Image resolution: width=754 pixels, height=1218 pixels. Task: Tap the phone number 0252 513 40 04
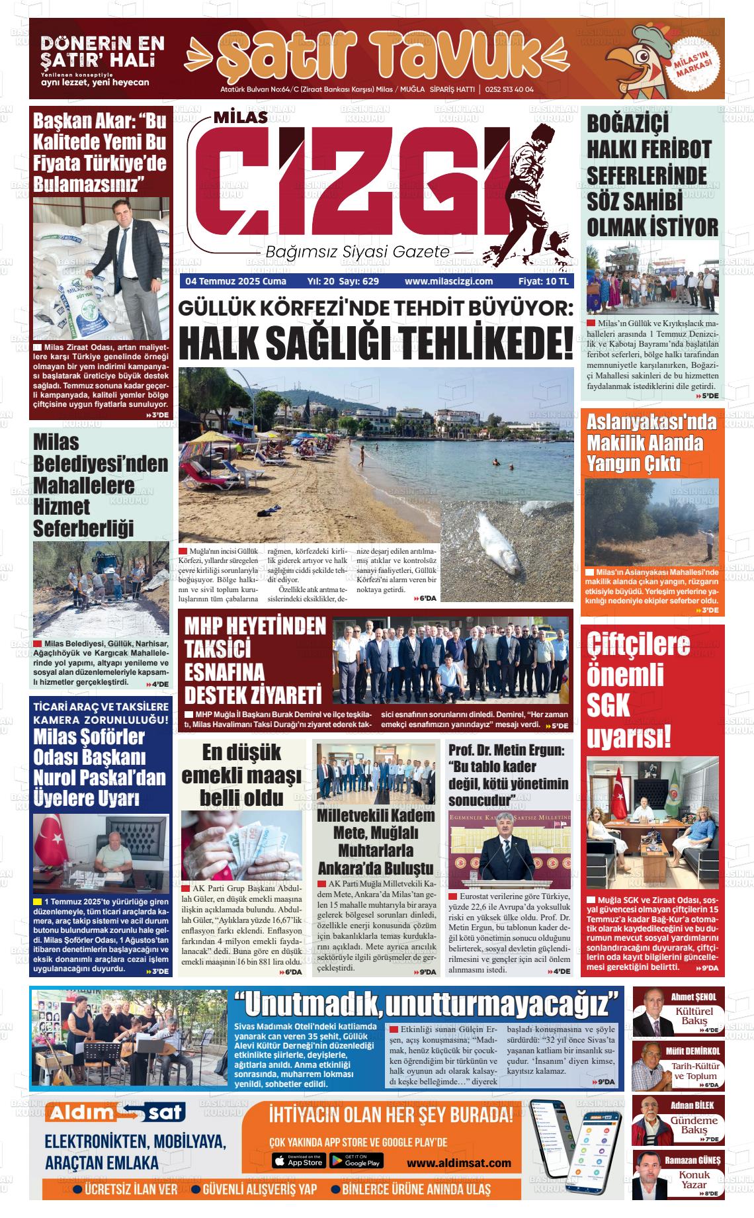point(509,90)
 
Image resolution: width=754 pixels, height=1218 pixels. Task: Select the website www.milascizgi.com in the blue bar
point(448,281)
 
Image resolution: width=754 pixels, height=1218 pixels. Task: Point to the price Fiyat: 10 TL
point(543,281)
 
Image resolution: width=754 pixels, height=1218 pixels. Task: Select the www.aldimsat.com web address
point(458,1163)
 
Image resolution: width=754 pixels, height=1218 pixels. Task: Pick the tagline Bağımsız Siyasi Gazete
point(357,252)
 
